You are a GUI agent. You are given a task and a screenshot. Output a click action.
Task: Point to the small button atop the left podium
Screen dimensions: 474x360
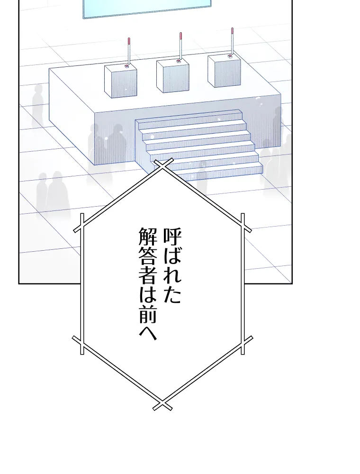coord(126,66)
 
